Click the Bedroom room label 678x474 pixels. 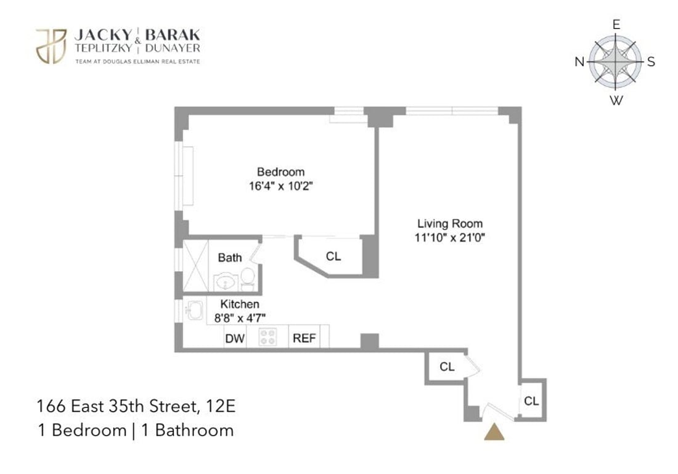[280, 172]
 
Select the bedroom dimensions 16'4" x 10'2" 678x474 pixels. [280, 186]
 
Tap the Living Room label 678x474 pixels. [449, 224]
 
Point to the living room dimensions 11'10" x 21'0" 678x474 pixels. [449, 237]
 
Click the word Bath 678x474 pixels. [230, 258]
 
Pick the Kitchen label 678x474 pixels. [240, 304]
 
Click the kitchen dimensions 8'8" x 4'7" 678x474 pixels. [240, 317]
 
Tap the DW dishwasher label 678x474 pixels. [234, 338]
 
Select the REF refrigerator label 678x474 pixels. [304, 338]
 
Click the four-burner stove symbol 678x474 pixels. [268, 337]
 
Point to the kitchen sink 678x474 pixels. [194, 310]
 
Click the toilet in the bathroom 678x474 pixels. [247, 279]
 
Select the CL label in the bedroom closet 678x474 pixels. [333, 256]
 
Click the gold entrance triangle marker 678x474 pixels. [494, 432]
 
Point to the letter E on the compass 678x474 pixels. [615, 25]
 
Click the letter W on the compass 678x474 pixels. [615, 101]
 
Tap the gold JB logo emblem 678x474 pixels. [51, 46]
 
